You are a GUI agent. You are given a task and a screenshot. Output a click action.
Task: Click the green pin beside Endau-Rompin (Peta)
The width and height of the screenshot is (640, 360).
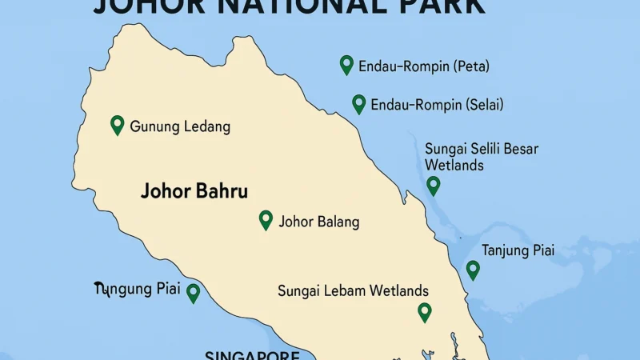346,64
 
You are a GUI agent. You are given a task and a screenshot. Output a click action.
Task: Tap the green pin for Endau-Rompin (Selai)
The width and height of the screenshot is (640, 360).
359,103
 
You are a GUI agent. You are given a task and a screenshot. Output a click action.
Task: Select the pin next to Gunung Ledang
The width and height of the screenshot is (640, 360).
117,124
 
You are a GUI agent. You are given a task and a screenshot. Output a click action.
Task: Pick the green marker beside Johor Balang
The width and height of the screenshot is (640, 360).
266,219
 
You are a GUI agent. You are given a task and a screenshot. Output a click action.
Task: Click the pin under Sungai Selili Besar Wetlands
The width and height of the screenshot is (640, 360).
433,185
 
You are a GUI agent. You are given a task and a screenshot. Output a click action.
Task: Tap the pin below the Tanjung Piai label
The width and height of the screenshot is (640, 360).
473,269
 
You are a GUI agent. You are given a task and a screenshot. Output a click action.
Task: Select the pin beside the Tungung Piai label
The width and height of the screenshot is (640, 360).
193,292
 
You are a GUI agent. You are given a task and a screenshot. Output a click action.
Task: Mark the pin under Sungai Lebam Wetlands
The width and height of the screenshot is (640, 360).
425,311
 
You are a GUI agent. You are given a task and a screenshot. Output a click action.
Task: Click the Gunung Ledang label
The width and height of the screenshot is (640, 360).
180,126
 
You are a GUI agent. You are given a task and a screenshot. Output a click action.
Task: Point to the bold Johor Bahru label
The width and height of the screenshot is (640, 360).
194,192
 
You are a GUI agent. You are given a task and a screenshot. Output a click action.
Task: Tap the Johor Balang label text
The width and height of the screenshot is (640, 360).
318,222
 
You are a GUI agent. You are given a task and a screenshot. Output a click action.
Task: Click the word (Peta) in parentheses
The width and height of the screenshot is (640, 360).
471,66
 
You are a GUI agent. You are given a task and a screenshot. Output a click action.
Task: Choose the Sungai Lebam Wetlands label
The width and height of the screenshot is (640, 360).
353,291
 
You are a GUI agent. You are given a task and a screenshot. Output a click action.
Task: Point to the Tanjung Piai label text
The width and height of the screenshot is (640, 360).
518,250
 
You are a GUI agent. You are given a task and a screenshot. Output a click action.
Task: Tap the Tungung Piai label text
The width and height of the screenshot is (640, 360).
137,289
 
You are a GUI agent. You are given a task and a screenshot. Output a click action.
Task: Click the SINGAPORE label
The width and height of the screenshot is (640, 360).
252,355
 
